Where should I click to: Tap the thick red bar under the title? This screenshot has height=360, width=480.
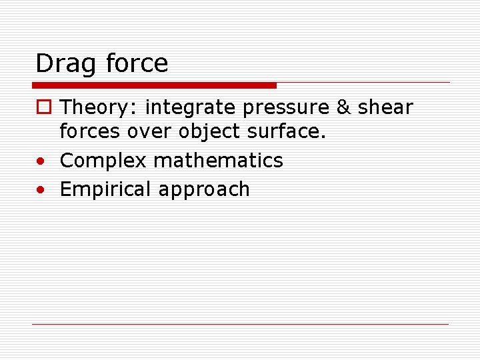pos(154,85)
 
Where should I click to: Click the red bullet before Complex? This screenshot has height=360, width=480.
pos(42,161)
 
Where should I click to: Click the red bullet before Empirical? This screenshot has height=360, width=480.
pos(42,189)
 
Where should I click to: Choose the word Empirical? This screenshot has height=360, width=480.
pos(106,189)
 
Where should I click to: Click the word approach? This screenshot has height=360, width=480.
pos(204,190)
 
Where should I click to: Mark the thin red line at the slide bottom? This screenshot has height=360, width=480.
pos(240,324)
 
